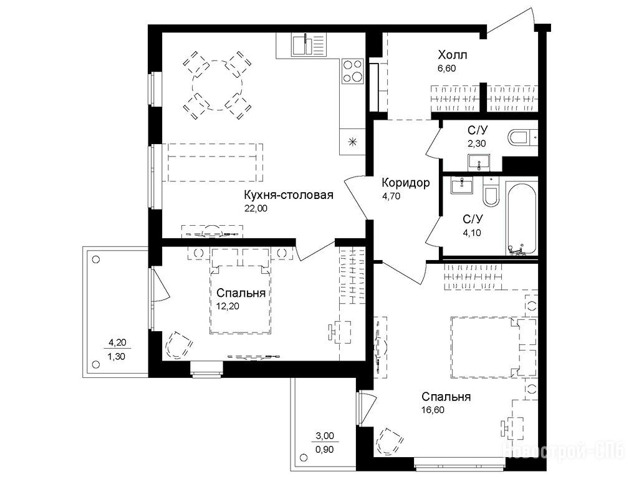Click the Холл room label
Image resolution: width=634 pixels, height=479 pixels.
(453, 55)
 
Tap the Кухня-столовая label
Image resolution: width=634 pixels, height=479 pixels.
(289, 195)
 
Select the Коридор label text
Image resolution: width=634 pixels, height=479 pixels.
(406, 183)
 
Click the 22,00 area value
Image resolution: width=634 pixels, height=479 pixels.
(256, 208)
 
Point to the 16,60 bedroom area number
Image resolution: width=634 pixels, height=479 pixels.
(433, 410)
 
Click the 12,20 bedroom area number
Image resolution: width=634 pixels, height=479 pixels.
(228, 306)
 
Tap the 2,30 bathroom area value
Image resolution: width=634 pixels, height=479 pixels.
(477, 143)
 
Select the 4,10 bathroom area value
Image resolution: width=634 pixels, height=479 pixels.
(472, 233)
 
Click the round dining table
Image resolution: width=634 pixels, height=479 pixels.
(218, 85)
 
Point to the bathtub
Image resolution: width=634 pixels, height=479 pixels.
(522, 220)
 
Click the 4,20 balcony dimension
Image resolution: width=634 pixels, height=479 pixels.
(117, 342)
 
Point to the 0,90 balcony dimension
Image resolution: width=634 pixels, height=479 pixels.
(325, 449)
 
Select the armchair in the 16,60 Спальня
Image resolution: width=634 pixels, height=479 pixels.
(390, 442)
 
